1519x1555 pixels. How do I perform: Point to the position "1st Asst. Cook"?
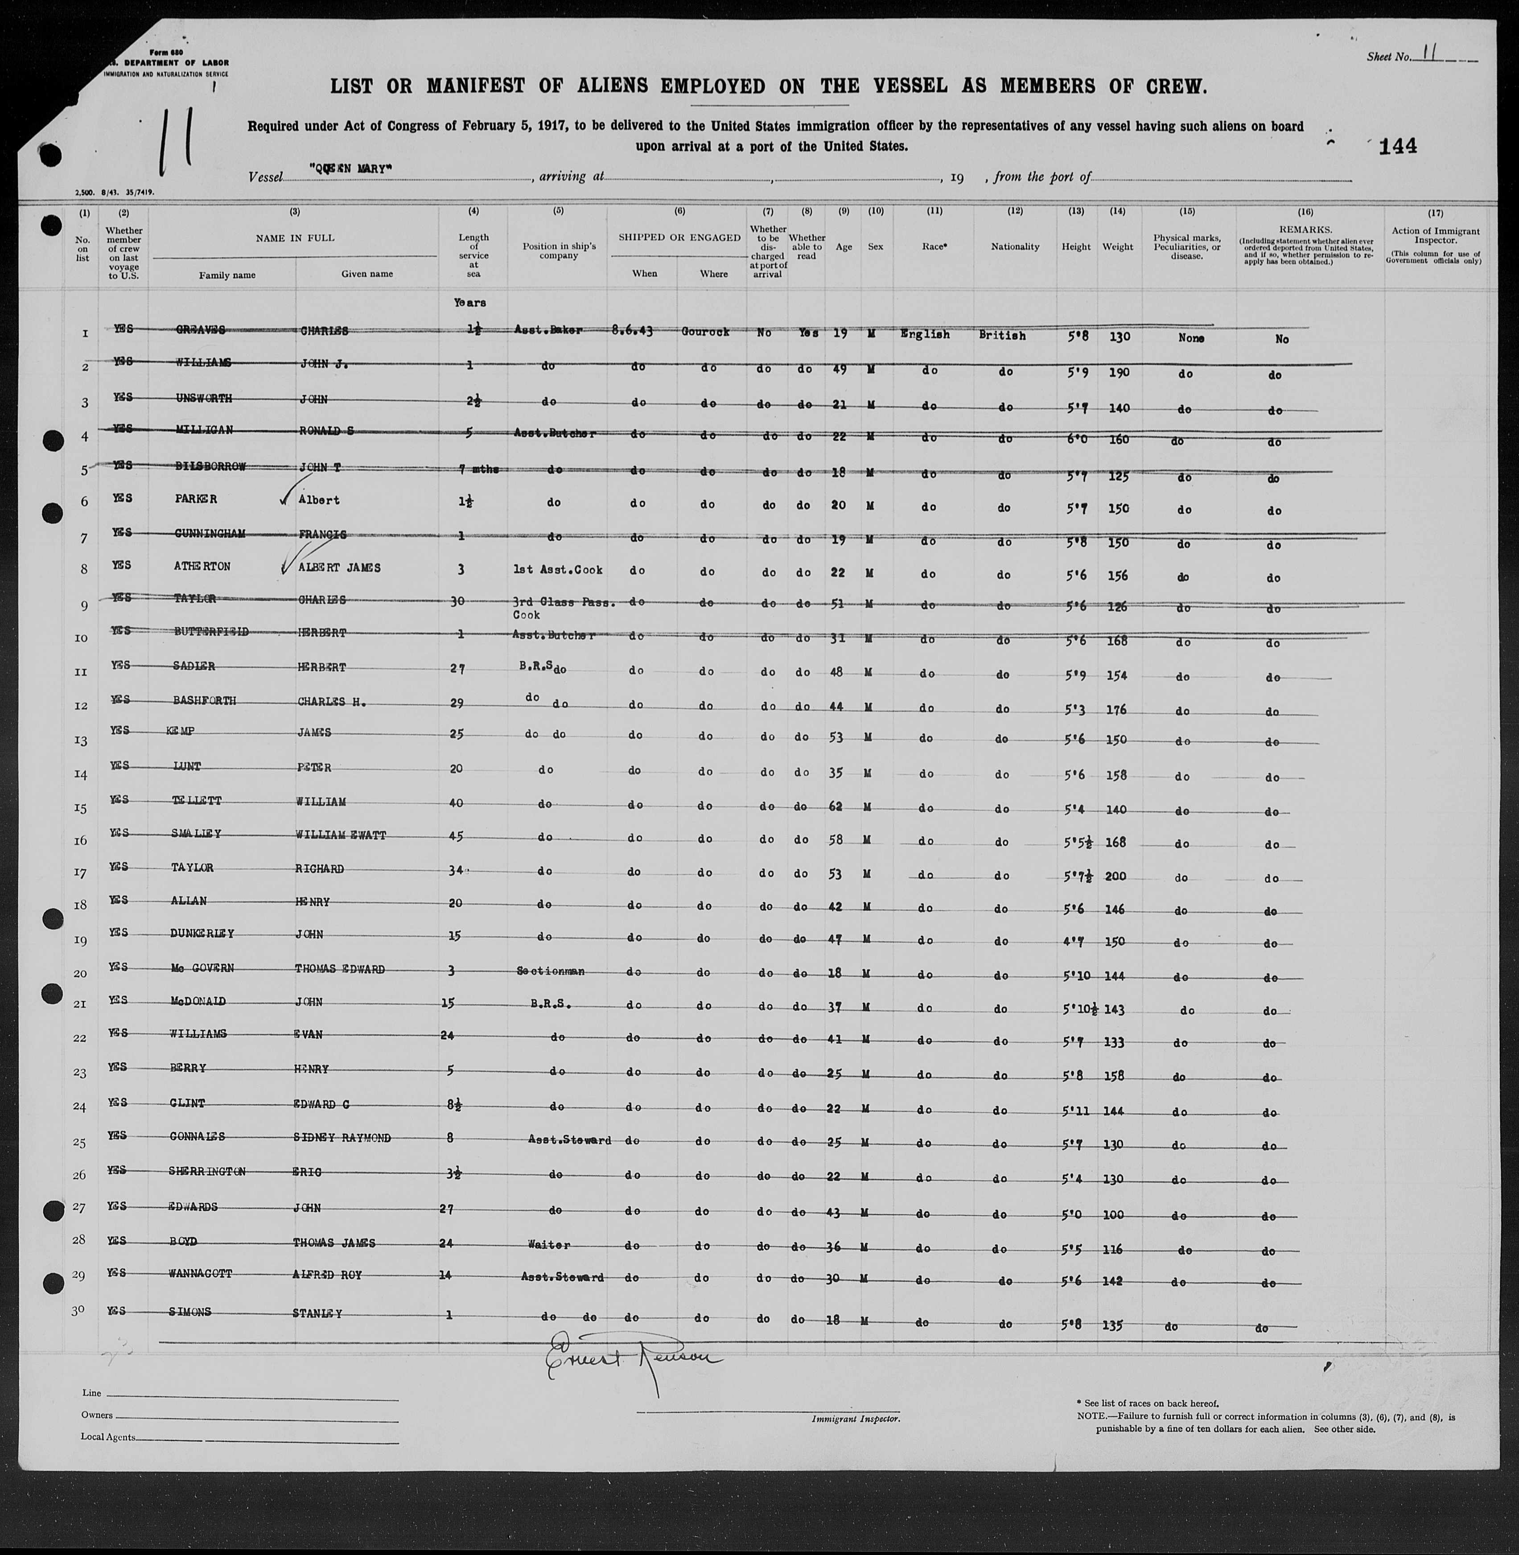[x=559, y=570]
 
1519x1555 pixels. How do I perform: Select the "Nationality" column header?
[x=1015, y=247]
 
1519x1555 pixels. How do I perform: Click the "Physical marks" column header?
[x=1187, y=247]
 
